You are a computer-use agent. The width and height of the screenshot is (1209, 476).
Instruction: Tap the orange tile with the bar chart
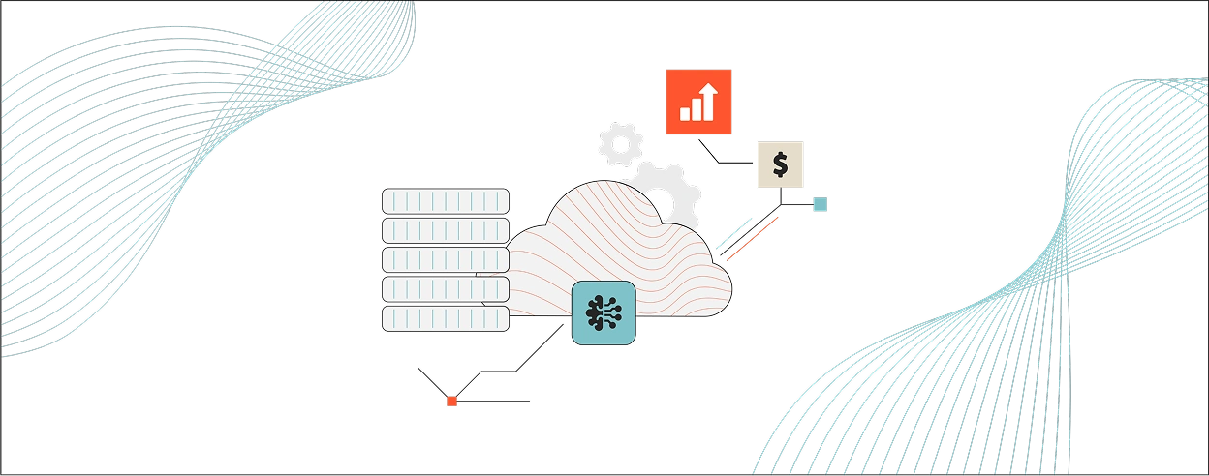(x=699, y=101)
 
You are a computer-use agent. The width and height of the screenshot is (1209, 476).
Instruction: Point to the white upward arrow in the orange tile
(x=709, y=95)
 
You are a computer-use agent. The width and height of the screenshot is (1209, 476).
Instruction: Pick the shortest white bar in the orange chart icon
(x=685, y=114)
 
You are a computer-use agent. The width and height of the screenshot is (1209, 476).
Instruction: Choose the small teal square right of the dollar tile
(x=821, y=204)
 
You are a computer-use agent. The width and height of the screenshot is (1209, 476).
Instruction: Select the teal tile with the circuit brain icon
(x=603, y=314)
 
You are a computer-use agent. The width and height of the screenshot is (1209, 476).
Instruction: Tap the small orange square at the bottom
(x=450, y=401)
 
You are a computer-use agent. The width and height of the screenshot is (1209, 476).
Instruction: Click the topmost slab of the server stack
(x=445, y=200)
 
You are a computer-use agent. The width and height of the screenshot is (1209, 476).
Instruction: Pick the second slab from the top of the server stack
(x=445, y=230)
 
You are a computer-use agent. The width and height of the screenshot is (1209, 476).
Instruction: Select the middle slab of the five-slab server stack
(x=445, y=259)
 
